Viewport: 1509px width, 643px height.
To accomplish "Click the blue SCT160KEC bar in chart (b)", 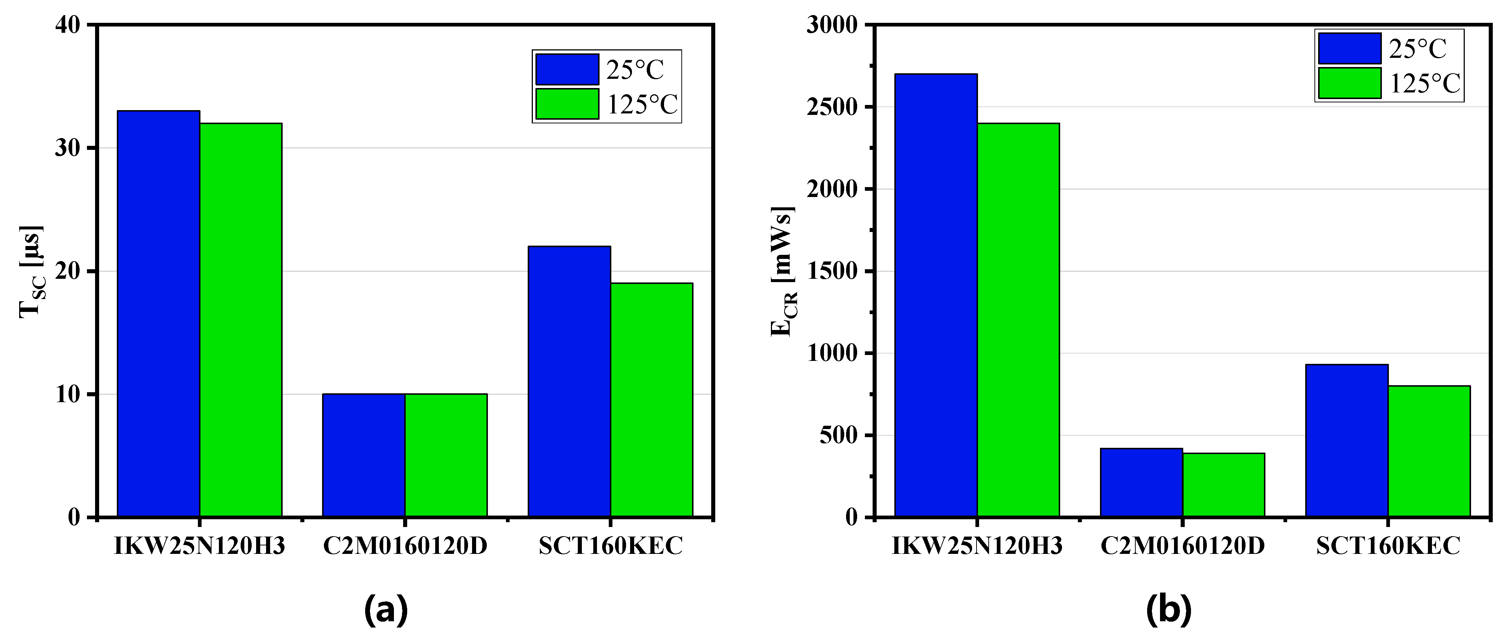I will click(x=1346, y=440).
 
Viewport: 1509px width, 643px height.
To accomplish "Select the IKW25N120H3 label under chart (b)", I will click(x=977, y=546).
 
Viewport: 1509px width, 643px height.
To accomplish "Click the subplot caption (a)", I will click(x=385, y=610).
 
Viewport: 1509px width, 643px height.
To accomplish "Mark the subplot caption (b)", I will click(x=1168, y=610).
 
